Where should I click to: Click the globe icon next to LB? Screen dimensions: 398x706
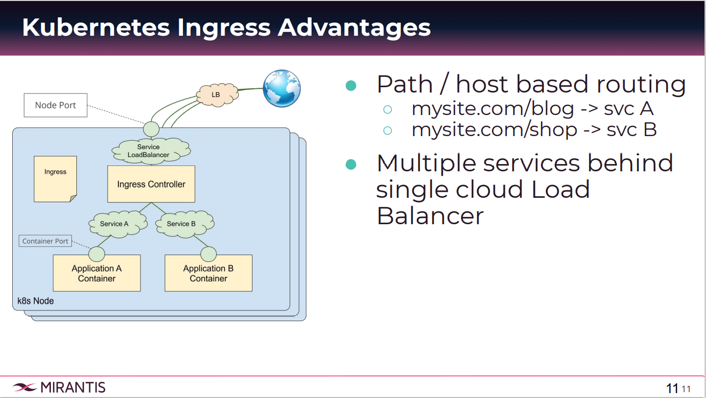(281, 89)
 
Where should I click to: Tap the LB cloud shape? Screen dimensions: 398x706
(216, 94)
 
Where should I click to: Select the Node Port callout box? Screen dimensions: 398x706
(56, 105)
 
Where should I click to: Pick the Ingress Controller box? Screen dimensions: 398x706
(151, 184)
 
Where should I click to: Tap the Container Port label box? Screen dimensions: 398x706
(46, 241)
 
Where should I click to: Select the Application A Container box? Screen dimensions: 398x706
(97, 273)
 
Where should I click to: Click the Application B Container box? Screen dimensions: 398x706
(208, 273)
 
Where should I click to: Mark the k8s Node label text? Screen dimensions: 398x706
(36, 301)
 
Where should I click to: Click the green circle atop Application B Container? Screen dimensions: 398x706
(208, 254)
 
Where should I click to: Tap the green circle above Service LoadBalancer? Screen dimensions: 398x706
(151, 129)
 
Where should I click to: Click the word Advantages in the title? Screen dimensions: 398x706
(354, 27)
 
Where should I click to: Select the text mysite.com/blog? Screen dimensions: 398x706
(493, 108)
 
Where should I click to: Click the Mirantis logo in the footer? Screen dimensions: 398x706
(59, 387)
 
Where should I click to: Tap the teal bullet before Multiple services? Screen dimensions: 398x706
(351, 164)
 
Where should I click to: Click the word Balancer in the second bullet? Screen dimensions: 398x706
(430, 215)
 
